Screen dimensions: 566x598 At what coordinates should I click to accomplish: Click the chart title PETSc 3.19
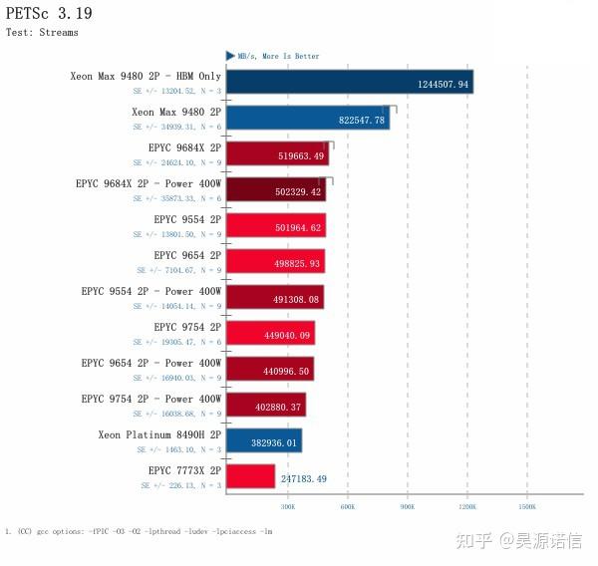click(x=49, y=13)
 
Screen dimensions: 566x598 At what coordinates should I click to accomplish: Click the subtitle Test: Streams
click(x=42, y=32)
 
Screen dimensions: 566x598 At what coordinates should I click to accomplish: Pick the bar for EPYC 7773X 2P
click(x=250, y=476)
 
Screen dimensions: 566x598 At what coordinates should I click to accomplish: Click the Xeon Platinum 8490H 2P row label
click(x=159, y=434)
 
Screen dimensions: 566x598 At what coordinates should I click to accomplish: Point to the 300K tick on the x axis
click(x=287, y=506)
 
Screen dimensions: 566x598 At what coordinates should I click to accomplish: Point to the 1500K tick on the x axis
click(x=526, y=506)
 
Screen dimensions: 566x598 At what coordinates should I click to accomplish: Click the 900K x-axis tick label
click(x=407, y=506)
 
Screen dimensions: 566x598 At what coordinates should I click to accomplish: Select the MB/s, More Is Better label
click(x=278, y=56)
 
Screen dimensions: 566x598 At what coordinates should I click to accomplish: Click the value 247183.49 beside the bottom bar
click(x=304, y=478)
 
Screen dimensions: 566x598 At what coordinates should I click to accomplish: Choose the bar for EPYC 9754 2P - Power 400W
click(x=266, y=405)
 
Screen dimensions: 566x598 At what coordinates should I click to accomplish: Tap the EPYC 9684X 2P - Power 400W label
click(x=149, y=183)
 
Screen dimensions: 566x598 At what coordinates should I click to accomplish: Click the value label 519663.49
click(x=300, y=155)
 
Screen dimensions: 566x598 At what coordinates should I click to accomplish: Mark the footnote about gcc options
click(x=139, y=531)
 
